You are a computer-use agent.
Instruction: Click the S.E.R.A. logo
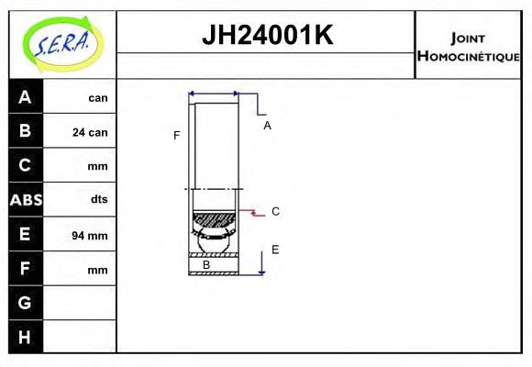click(x=62, y=43)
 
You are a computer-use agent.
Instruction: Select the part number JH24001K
click(x=266, y=36)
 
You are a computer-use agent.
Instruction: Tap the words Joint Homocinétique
click(x=468, y=46)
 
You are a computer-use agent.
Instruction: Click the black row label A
click(x=25, y=97)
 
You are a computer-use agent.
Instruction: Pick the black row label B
click(x=25, y=131)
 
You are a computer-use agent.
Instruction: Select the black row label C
click(x=25, y=165)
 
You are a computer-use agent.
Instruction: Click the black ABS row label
click(x=25, y=200)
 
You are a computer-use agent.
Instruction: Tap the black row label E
click(x=25, y=235)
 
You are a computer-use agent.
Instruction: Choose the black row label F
click(x=25, y=269)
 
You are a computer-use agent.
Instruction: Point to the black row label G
click(x=25, y=303)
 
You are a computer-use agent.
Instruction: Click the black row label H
click(x=25, y=337)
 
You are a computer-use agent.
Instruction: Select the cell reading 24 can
click(x=90, y=132)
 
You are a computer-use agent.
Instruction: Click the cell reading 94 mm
click(x=90, y=236)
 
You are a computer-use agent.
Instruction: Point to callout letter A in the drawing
click(x=267, y=126)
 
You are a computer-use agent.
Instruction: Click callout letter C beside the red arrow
click(x=275, y=212)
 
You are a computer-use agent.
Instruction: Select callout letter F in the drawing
click(x=177, y=136)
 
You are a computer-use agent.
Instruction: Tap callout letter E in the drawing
click(x=275, y=250)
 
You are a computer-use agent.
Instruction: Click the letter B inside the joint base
click(x=206, y=265)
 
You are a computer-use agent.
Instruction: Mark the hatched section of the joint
click(x=214, y=220)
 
